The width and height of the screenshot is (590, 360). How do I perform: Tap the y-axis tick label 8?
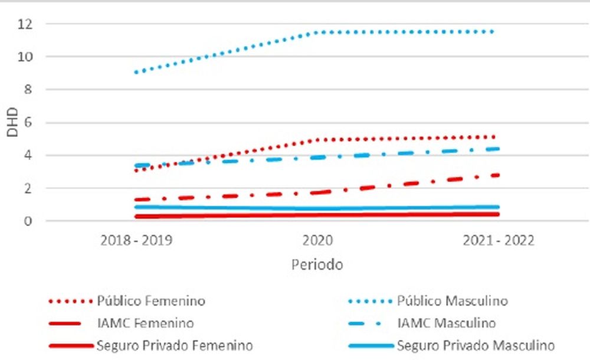coord(28,90)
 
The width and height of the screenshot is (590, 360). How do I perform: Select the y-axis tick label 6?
coord(28,123)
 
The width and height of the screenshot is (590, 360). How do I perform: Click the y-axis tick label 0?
coord(28,221)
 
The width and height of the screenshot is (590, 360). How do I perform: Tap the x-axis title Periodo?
coord(317,265)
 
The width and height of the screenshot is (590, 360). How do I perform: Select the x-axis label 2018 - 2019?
coord(136,241)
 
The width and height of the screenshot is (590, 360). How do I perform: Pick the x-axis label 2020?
coord(317,241)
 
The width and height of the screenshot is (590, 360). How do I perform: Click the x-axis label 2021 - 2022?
coord(499,241)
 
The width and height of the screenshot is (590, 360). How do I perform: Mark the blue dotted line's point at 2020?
coord(317,32)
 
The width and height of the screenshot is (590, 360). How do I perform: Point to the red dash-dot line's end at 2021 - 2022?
coord(497,175)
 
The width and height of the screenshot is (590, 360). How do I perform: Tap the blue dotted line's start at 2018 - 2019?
coord(136,72)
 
